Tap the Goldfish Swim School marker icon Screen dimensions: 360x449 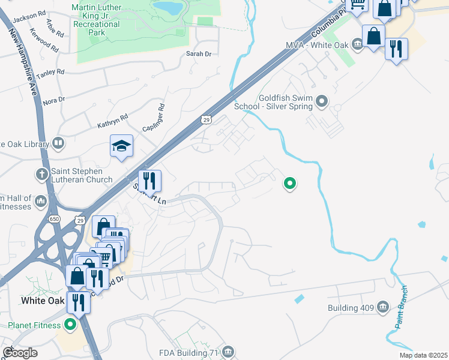point(322,101)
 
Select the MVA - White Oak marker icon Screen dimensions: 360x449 point(357,43)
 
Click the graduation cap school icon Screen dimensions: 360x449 point(121,146)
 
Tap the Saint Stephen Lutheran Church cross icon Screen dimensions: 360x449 point(41,174)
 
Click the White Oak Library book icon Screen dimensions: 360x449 point(58,143)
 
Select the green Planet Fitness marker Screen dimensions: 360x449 point(70,325)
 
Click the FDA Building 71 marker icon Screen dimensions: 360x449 point(227,352)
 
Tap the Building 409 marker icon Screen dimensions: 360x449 point(382,308)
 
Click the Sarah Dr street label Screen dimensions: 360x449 point(199,54)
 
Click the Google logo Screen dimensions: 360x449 point(20,353)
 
